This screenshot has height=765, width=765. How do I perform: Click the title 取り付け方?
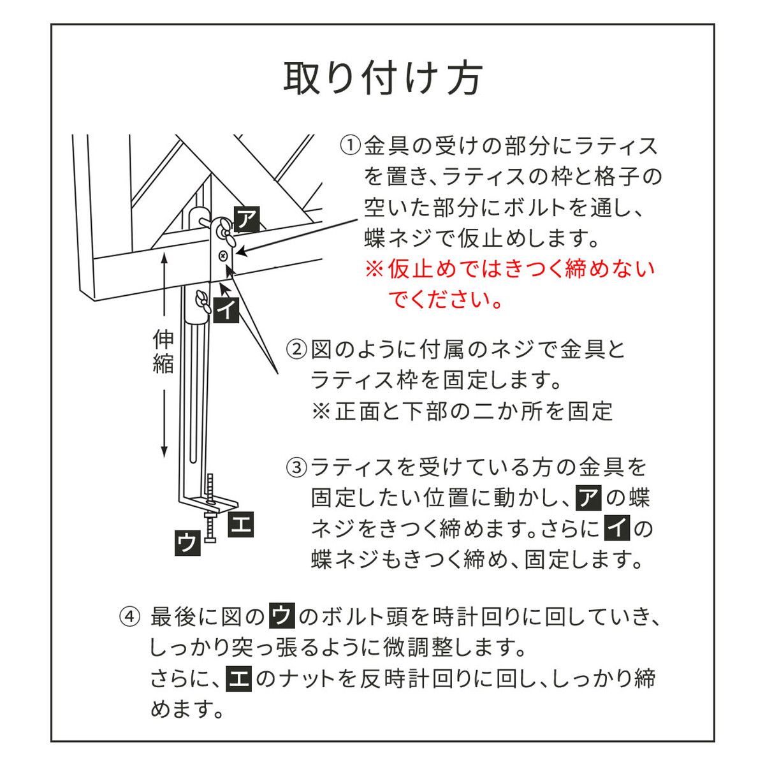tap(382, 78)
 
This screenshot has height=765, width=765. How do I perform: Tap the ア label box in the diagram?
tap(247, 219)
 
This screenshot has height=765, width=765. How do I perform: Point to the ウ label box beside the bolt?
tap(187, 543)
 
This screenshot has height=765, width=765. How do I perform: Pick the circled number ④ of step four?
tap(129, 617)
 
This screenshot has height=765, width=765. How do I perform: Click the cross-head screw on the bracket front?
tap(222, 256)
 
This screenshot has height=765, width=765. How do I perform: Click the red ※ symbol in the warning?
tap(373, 268)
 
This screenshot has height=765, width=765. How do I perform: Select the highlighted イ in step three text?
tap(616, 528)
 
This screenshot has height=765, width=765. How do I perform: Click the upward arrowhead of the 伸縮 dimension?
tap(164, 258)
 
